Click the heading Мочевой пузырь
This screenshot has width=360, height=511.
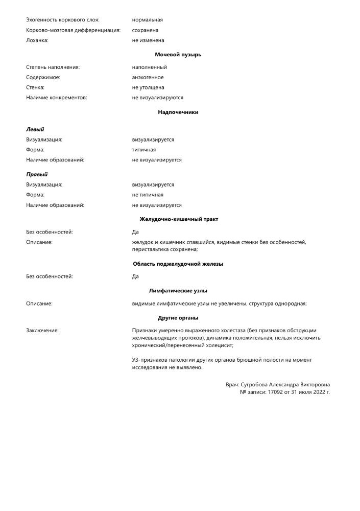[x=178, y=55]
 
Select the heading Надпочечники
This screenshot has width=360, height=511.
[x=178, y=112]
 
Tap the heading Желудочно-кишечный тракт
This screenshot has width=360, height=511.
[x=179, y=219]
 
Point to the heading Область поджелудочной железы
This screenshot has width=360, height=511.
[x=178, y=264]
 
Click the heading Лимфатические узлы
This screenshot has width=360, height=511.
[x=178, y=291]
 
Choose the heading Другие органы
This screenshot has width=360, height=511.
[x=178, y=318]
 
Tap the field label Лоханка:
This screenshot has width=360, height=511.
[x=37, y=40]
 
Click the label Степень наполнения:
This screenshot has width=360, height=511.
[x=53, y=67]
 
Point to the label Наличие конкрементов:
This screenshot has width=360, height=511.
[x=57, y=98]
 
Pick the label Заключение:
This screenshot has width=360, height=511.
[x=42, y=331]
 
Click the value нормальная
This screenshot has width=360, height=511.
[x=147, y=20]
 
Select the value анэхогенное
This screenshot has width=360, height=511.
[x=148, y=77]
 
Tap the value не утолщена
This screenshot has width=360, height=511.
[x=148, y=87]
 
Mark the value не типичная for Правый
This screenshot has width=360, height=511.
[x=148, y=195]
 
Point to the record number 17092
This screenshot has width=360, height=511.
[x=275, y=392]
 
